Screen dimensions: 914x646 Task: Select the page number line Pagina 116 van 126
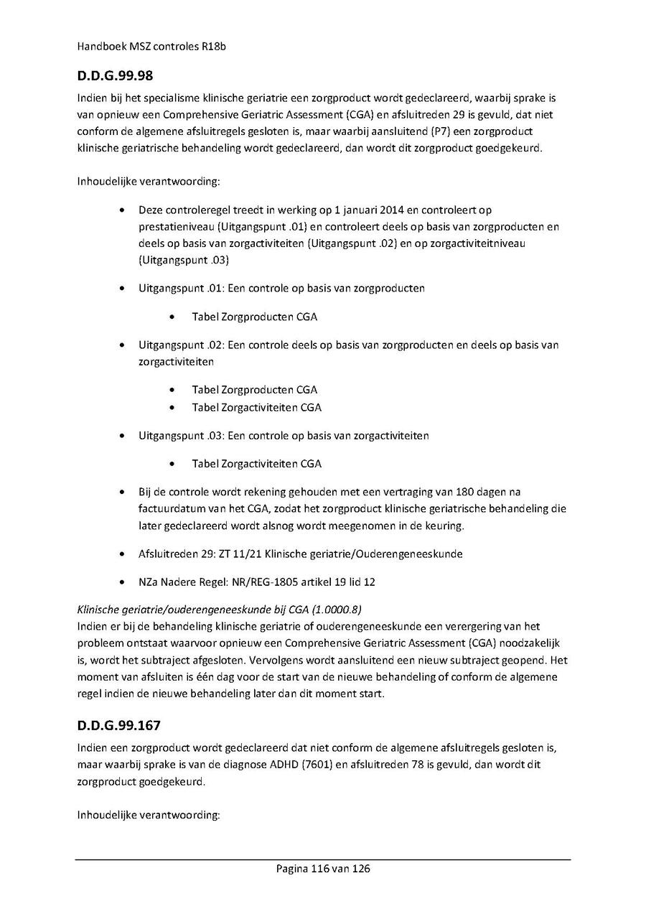pos(323,869)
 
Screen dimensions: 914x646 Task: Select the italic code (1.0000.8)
pos(329,610)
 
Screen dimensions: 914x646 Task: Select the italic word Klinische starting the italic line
pos(98,610)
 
